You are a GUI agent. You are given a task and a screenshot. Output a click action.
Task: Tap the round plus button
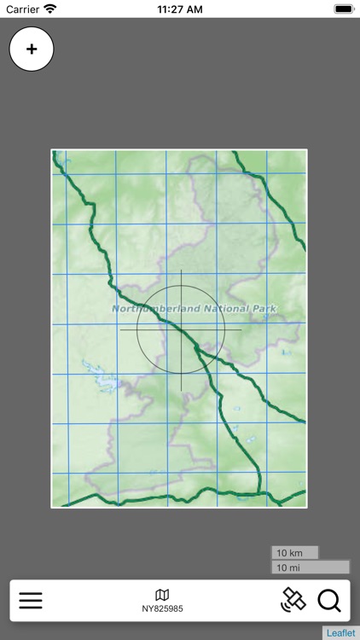[32, 49]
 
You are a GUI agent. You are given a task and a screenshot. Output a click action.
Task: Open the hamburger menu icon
[31, 601]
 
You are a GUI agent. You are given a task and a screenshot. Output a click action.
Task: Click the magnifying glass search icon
[329, 601]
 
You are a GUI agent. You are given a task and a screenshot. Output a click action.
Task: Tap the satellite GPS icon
[293, 600]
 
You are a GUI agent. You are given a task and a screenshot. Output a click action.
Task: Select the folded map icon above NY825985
[162, 595]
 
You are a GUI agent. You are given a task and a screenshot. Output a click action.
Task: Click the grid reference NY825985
[162, 609]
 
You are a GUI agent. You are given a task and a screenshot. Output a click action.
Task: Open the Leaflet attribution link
[340, 633]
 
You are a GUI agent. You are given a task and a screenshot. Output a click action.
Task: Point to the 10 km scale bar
[294, 553]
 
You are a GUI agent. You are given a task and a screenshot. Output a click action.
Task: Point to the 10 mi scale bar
[310, 567]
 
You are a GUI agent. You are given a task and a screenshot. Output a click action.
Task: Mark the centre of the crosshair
[181, 329]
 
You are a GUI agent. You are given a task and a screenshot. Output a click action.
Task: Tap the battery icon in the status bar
[343, 9]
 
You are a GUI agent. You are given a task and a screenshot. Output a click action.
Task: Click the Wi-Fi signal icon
[50, 9]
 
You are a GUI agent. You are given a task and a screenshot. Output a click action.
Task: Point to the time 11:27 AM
[180, 9]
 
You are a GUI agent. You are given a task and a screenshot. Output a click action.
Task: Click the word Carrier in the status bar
[23, 9]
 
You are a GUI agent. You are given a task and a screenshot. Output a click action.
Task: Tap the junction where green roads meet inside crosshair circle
[195, 346]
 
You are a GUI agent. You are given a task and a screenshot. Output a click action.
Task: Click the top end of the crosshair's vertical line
[181, 271]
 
